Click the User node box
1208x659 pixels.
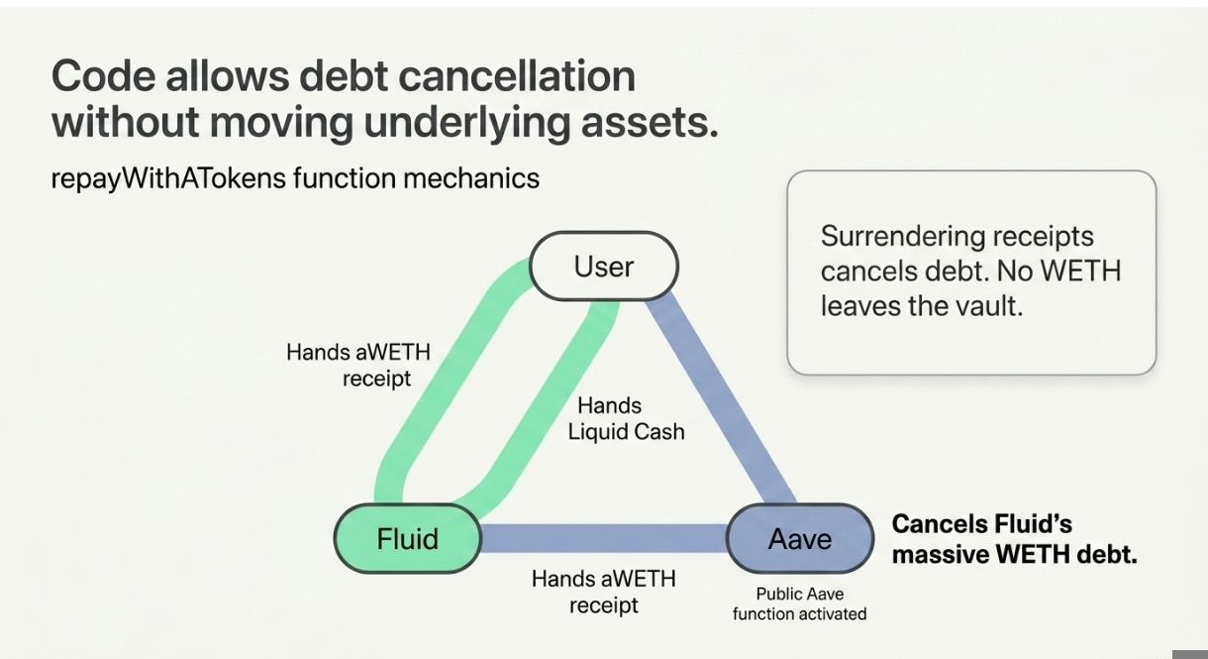[604, 267]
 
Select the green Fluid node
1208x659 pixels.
[407, 539]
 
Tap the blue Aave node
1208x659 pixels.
[800, 539]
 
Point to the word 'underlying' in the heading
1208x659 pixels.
[438, 124]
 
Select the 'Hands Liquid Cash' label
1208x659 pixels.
[626, 418]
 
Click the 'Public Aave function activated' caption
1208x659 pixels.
[799, 604]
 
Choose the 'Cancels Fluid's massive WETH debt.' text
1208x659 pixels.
[1014, 539]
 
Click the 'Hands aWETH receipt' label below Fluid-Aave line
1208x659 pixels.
[603, 592]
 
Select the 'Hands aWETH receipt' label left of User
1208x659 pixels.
[358, 365]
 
